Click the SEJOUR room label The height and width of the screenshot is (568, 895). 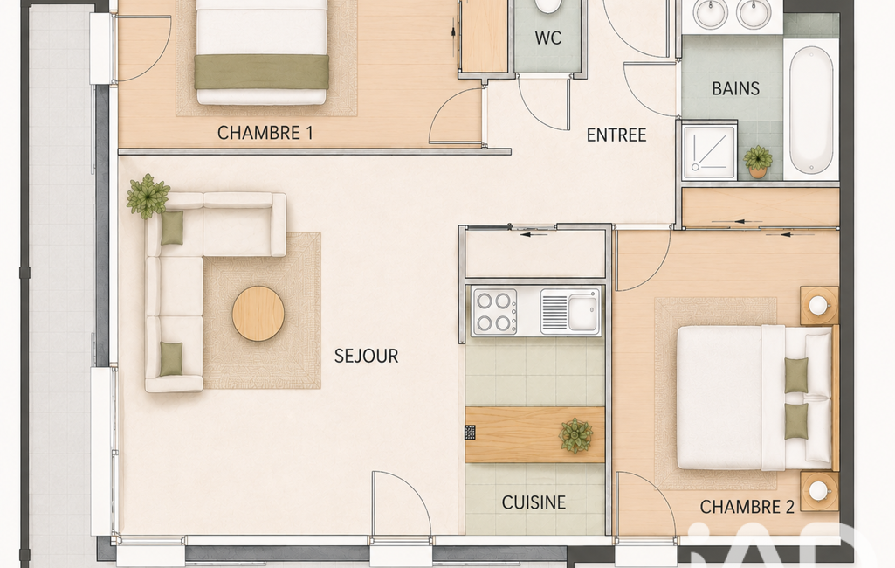point(366,356)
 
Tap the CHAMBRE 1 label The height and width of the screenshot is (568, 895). point(265,133)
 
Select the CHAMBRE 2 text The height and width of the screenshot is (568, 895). point(747,507)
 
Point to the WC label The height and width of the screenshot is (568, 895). point(548,38)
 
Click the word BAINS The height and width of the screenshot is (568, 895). point(736,88)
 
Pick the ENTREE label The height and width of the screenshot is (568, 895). point(616,135)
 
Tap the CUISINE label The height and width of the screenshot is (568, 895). point(534,502)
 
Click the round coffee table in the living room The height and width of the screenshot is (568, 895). point(258,314)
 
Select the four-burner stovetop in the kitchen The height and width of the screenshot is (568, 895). point(494,312)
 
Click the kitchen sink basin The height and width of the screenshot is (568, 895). point(582,312)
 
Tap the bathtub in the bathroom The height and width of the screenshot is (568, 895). point(811,109)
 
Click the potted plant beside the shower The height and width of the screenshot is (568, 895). point(758,161)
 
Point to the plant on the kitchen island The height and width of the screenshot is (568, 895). point(575,435)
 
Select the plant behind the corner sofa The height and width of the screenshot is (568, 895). point(148,196)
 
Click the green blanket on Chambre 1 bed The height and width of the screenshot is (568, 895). point(261,72)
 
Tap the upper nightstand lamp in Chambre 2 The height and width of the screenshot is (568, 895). point(818,305)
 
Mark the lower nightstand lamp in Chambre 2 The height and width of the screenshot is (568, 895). point(818,491)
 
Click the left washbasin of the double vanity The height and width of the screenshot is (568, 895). point(710,12)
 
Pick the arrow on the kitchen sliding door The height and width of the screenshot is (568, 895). point(534,234)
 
